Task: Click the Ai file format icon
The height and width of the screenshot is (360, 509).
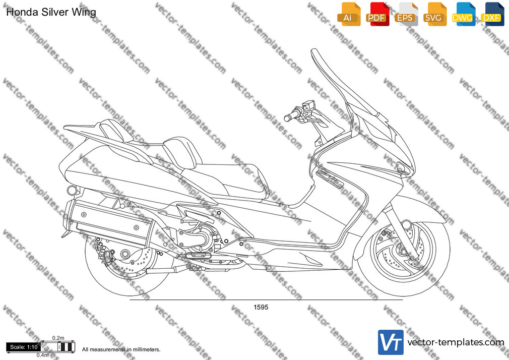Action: click(x=349, y=14)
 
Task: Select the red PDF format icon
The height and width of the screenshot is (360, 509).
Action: click(x=377, y=14)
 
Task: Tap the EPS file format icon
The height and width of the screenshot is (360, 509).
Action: click(x=406, y=14)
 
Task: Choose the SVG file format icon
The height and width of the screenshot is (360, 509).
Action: click(x=435, y=14)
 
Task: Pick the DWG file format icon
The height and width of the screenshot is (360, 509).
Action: click(x=464, y=14)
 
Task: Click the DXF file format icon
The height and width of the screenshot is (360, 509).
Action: click(x=493, y=14)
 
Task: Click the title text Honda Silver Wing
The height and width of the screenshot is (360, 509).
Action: click(x=51, y=12)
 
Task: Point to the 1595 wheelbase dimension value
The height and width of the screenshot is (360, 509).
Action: click(x=261, y=307)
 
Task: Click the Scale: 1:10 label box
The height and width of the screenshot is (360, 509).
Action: click(x=24, y=347)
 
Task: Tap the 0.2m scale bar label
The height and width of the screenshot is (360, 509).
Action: click(x=58, y=338)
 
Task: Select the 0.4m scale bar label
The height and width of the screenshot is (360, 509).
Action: click(x=42, y=355)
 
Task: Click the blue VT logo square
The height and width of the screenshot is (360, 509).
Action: click(x=391, y=342)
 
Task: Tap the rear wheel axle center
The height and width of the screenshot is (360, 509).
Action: click(x=125, y=254)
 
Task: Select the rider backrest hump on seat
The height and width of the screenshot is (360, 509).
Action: click(x=180, y=153)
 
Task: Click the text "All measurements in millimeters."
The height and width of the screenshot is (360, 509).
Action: click(x=121, y=349)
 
